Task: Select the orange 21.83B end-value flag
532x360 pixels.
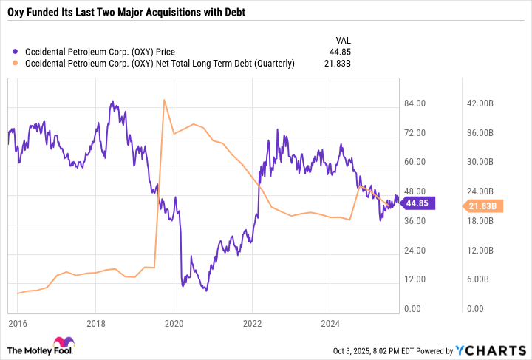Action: [482, 206]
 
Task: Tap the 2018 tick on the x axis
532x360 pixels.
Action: [95, 323]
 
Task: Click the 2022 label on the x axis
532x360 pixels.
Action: [253, 323]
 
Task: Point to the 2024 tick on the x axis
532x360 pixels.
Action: [331, 323]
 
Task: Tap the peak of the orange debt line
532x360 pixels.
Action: [163, 100]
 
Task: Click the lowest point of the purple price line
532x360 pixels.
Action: [206, 291]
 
